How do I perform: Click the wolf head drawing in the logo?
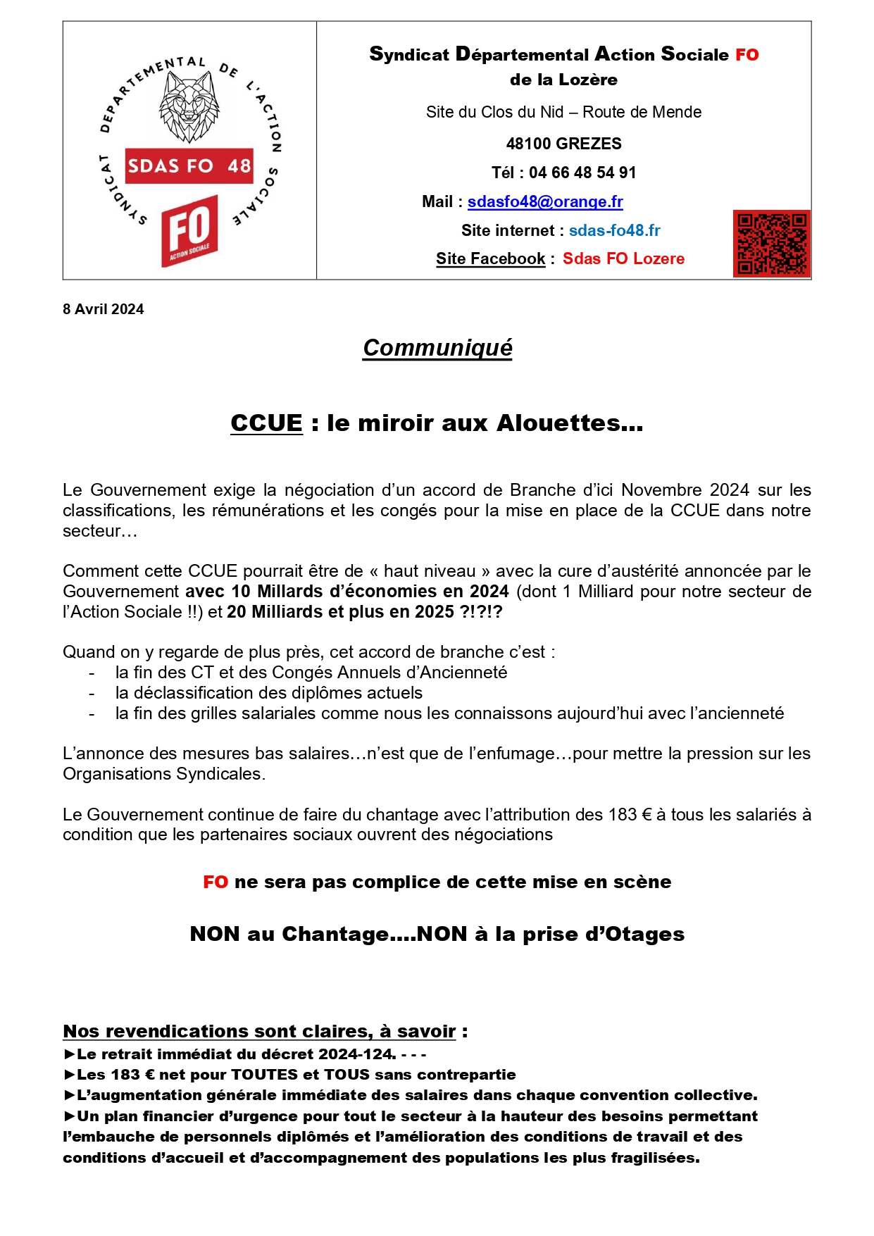189,106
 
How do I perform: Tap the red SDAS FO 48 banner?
189,166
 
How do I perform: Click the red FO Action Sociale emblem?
189,230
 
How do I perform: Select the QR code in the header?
771,243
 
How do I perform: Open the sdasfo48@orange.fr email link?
545,202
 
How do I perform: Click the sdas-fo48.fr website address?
614,230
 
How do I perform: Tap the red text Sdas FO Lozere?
623,258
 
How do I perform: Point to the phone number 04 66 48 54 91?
582,173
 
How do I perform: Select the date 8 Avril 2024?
104,309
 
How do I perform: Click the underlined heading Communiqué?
437,348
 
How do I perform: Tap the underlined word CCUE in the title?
266,423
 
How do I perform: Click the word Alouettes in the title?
569,423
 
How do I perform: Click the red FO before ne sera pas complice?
216,882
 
